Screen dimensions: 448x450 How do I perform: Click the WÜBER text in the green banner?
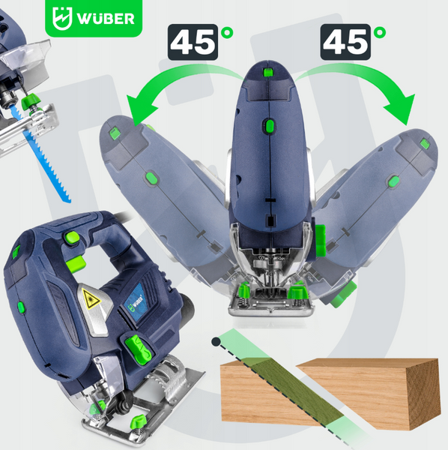(106, 19)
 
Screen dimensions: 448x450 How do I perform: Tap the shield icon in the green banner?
(62, 18)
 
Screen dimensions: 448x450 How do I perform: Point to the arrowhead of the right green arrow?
(402, 109)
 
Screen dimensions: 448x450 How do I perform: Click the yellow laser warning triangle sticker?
(91, 301)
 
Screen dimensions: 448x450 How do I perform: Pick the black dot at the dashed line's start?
(216, 341)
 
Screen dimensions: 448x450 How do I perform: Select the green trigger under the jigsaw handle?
(76, 262)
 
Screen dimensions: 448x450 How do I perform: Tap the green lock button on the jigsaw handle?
(72, 238)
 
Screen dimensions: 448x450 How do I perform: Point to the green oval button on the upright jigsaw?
(270, 125)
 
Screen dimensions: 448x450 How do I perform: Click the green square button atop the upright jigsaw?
(267, 72)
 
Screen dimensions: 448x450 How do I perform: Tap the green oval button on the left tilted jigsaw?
(151, 178)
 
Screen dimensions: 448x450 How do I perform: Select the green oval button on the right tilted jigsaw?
(393, 181)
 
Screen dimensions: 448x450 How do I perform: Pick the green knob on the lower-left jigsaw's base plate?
(139, 421)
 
